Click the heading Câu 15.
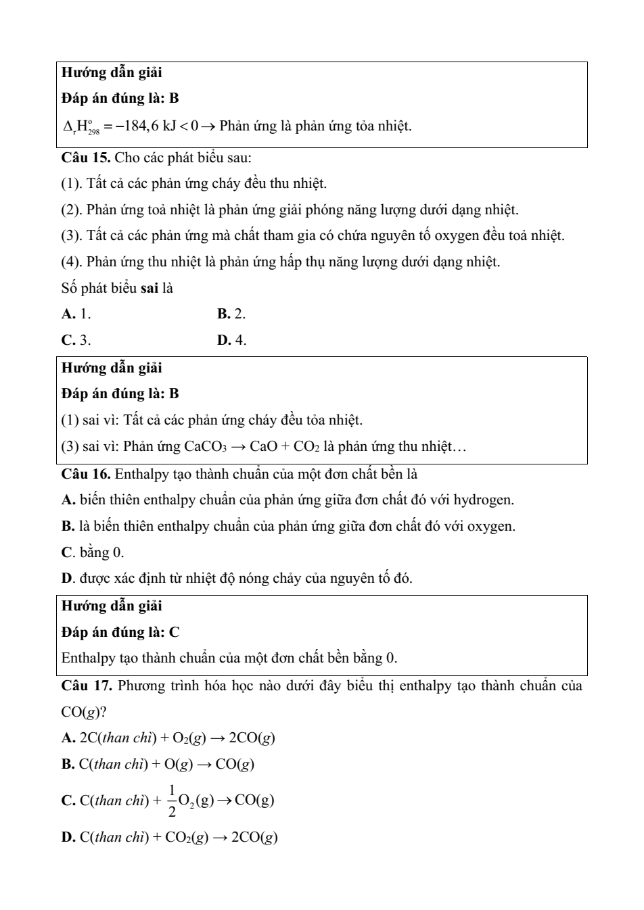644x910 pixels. coord(86,158)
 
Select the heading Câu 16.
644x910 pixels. coord(86,473)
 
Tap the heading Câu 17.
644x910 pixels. coord(87,686)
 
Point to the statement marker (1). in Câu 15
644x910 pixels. coord(72,183)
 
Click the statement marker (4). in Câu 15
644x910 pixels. coord(72,262)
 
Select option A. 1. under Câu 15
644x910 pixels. coord(76,314)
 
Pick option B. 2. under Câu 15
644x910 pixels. coord(231,314)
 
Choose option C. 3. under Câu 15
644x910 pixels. coord(76,340)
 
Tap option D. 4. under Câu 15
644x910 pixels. coord(231,340)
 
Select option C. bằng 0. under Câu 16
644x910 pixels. coord(93,552)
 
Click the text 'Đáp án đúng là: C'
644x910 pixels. coord(120,632)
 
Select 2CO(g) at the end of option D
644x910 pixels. coord(254,837)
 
